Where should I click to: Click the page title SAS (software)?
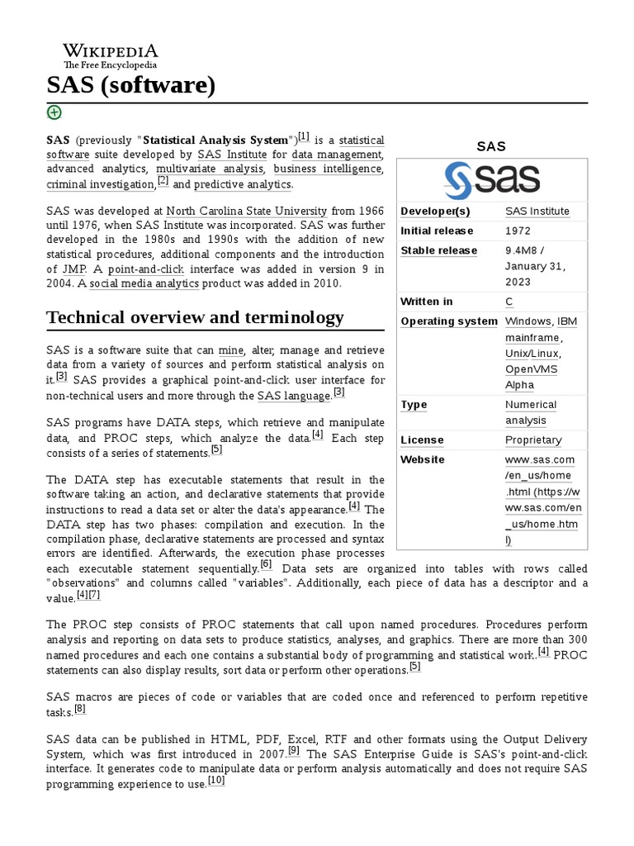(x=131, y=85)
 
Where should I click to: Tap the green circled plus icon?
(x=54, y=112)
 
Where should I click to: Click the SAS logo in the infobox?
(x=492, y=179)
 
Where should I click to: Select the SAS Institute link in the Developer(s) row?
(x=537, y=211)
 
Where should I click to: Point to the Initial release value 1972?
(x=518, y=231)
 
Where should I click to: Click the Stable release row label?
(x=438, y=251)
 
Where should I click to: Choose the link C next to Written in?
(x=509, y=302)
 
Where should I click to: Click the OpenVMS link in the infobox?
(x=532, y=369)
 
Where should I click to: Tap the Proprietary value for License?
(x=533, y=440)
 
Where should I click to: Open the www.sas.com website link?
(x=540, y=460)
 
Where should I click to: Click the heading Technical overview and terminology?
(x=195, y=318)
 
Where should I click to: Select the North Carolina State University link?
(x=247, y=211)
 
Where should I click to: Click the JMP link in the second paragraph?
(x=71, y=269)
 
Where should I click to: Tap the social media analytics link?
(x=144, y=284)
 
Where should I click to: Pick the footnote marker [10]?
(x=216, y=781)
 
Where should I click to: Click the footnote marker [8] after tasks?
(x=80, y=709)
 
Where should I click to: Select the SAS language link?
(x=294, y=396)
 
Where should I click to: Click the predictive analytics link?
(x=243, y=184)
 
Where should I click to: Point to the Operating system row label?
(x=449, y=322)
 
